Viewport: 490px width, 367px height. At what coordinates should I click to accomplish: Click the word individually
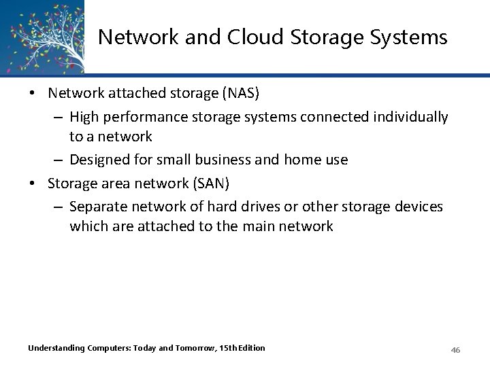point(412,118)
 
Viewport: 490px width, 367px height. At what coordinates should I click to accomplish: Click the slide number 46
point(456,349)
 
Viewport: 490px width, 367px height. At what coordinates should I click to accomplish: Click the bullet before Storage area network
point(32,183)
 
